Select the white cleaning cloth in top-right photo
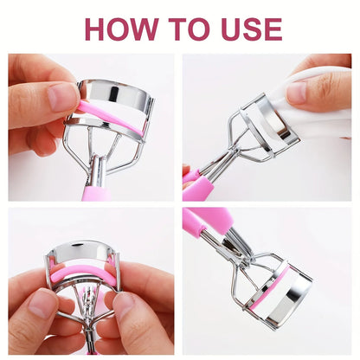(312, 95)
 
